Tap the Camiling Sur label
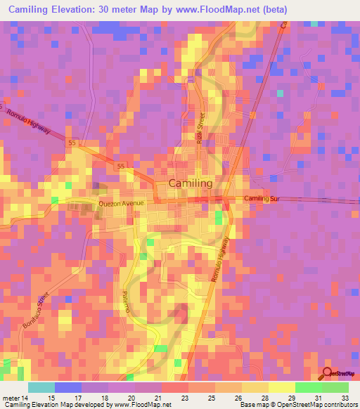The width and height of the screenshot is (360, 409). coord(262,200)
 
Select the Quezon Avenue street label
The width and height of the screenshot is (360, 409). coord(121,204)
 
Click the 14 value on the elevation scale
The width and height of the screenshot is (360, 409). coord(25,398)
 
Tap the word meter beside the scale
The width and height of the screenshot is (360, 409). coord(11,398)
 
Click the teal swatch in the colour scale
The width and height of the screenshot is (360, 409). coord(41,387)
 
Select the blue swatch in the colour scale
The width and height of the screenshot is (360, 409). coord(68,387)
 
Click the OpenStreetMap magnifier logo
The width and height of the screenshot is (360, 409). coord(327,374)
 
